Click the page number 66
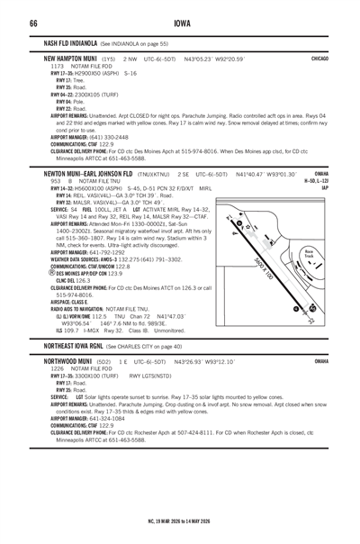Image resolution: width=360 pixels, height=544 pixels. (x=32, y=23)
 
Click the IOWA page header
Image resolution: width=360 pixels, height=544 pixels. (x=180, y=23)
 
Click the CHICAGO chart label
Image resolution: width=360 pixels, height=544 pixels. (x=319, y=57)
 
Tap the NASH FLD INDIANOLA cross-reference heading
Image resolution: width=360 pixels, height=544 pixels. (x=71, y=43)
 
